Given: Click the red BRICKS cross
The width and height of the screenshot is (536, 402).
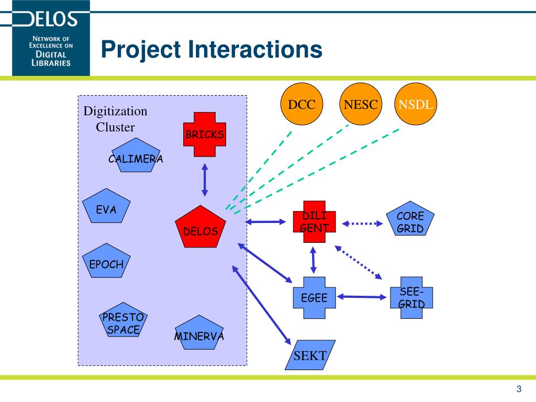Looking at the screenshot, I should [204, 135].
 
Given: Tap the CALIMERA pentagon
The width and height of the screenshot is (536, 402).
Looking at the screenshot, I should [135, 157].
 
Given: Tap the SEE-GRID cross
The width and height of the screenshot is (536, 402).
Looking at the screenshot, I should [411, 297].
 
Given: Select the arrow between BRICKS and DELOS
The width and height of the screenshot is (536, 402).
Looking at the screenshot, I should [205, 180].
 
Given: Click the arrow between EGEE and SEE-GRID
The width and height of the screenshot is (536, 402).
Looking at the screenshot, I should [362, 297].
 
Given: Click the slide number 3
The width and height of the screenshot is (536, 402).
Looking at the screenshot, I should [519, 388].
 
